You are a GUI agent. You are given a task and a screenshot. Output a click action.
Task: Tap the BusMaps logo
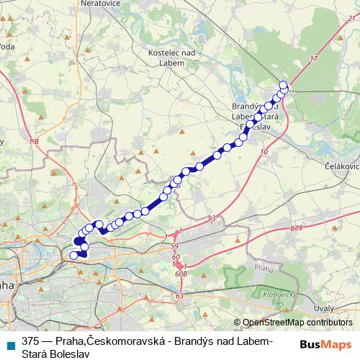click(326, 343)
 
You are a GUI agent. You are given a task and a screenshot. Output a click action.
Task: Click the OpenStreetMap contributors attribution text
click(297, 323)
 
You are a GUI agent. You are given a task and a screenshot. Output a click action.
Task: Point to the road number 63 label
click(179, 296)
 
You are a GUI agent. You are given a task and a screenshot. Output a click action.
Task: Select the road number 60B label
click(180, 274)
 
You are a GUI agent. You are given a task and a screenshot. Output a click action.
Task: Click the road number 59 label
click(174, 247)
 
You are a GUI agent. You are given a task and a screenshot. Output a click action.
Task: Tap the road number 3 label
click(213, 217)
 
